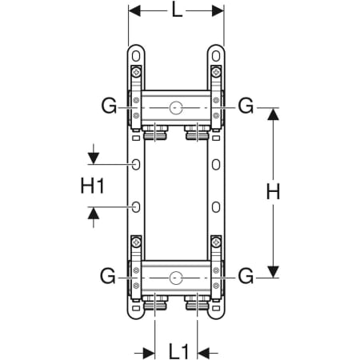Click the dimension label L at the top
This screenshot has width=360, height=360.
[177, 11]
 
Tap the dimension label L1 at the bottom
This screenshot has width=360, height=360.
[178, 351]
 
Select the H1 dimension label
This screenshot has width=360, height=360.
[92, 186]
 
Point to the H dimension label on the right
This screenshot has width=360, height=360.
[273, 192]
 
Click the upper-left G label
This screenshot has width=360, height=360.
[109, 106]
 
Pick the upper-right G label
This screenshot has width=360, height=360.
[246, 105]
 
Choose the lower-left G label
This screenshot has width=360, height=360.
[108, 276]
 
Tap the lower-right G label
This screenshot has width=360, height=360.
[246, 276]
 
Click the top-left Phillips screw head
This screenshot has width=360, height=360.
[136, 72]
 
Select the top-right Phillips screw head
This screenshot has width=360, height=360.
[216, 72]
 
